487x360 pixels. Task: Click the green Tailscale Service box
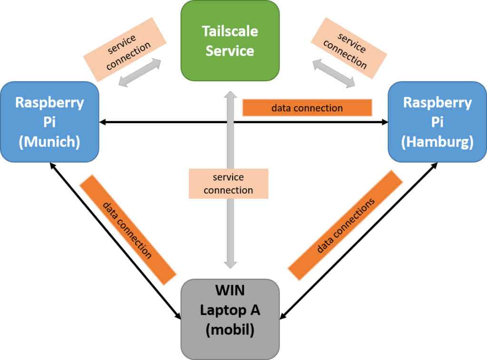click(x=230, y=40)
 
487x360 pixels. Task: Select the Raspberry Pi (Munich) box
click(x=49, y=122)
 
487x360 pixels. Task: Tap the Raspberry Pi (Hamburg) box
click(x=438, y=122)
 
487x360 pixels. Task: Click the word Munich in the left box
click(x=49, y=142)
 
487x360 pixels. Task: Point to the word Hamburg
click(x=438, y=142)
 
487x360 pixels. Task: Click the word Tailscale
click(x=230, y=31)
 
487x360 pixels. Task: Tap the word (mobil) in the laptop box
click(x=230, y=330)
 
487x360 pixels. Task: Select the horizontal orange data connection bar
click(x=307, y=108)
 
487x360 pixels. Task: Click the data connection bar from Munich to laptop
click(x=128, y=230)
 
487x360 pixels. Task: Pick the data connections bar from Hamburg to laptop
click(x=345, y=225)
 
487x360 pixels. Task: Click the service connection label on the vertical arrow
click(x=229, y=184)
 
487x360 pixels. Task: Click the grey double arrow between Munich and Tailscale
click(x=138, y=72)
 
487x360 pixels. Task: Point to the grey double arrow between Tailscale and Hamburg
click(x=333, y=73)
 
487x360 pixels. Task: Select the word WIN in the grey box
click(x=230, y=290)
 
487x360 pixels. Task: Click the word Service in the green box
click(x=230, y=51)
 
